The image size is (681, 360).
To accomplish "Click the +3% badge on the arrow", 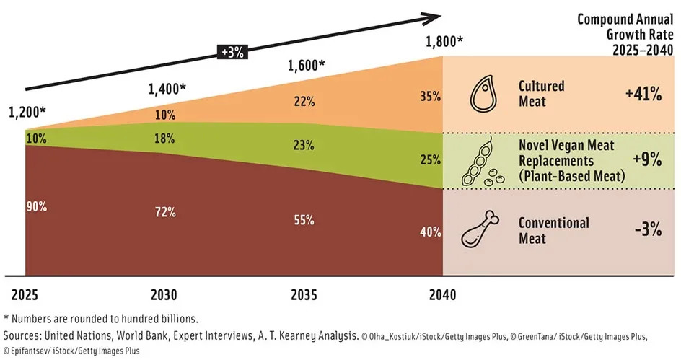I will click(x=232, y=52).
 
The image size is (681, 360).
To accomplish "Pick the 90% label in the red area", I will click(x=37, y=207).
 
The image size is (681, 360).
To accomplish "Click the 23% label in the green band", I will click(x=304, y=144).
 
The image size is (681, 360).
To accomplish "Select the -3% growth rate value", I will click(x=647, y=229).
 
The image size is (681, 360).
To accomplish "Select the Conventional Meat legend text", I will click(x=553, y=230).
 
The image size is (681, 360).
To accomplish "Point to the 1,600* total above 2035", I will click(x=306, y=66).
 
